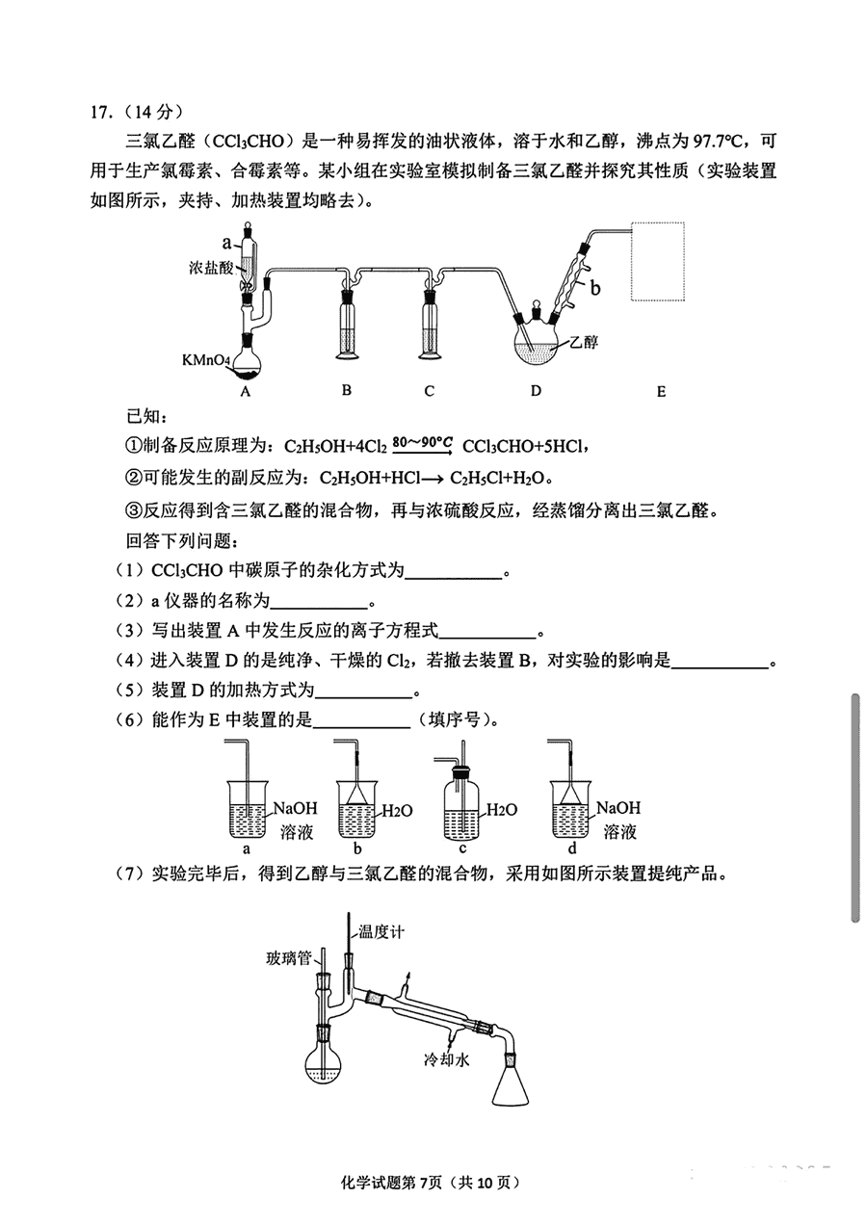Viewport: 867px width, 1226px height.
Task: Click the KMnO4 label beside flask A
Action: click(207, 360)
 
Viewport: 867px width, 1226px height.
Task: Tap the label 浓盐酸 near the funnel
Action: click(211, 268)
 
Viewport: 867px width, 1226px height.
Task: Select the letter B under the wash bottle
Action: click(347, 390)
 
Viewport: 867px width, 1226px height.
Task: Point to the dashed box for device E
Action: click(657, 261)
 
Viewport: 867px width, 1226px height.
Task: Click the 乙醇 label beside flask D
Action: click(584, 342)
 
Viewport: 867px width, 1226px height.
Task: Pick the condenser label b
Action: click(595, 287)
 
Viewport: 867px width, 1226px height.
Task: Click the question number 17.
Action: click(101, 113)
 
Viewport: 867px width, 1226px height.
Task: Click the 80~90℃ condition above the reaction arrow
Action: click(423, 442)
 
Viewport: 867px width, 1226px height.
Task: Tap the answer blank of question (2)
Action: click(319, 603)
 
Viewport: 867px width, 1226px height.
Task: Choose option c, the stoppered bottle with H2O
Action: click(461, 804)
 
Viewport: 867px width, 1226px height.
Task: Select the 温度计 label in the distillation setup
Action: click(381, 931)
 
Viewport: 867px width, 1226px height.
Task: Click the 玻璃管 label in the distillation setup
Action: click(289, 958)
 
